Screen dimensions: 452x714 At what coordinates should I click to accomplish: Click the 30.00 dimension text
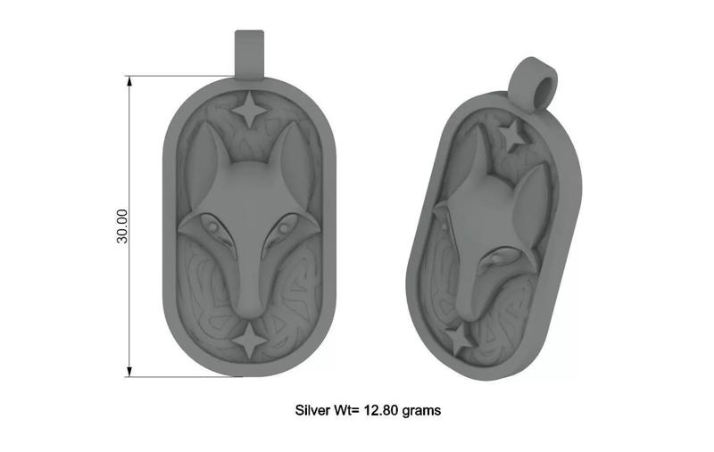point(123,226)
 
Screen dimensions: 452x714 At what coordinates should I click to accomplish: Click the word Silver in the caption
point(312,411)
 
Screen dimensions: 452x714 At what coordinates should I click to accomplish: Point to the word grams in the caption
point(421,411)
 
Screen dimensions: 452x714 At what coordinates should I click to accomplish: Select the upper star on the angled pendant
point(512,136)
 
